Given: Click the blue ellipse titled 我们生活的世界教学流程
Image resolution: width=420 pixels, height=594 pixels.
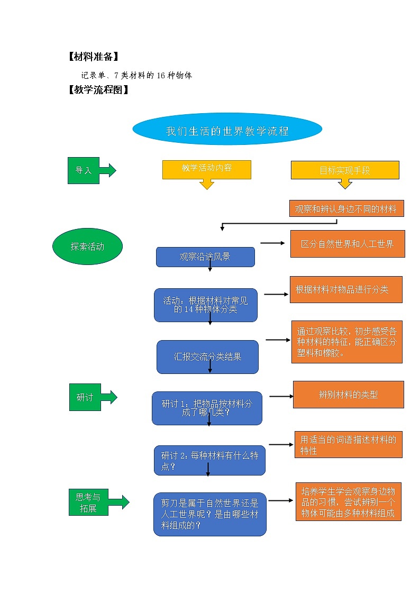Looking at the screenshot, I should point(227,130).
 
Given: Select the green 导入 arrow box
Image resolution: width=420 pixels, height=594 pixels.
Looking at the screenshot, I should point(85,170).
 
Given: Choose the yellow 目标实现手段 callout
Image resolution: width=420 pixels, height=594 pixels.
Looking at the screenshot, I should point(345,170).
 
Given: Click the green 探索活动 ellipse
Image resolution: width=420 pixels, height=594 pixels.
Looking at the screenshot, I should point(87,246).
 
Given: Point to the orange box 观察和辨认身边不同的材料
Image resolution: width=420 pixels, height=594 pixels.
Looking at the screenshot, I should point(346,208).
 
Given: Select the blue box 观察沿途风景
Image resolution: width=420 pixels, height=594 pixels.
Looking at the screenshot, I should point(205,257).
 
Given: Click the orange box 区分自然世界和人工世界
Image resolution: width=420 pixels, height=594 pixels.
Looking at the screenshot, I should point(348,244).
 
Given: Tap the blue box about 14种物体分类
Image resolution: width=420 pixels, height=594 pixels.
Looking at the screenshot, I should point(205,305).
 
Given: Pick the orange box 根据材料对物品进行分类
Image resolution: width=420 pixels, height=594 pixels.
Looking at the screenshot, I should point(345,289).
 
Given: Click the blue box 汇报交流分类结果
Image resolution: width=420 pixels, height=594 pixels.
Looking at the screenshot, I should point(207,357).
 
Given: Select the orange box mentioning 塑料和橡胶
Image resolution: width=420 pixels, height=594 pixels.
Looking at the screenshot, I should point(346,342).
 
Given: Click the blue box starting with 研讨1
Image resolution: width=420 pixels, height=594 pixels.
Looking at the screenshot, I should point(207,408).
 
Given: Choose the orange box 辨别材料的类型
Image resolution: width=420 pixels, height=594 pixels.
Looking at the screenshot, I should point(348,394).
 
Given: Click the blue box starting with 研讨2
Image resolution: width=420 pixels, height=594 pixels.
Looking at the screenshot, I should point(209,460).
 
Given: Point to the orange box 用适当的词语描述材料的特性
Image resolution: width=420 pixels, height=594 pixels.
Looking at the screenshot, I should point(348,444).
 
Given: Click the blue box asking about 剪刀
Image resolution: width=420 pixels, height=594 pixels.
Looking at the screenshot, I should point(210,514).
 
